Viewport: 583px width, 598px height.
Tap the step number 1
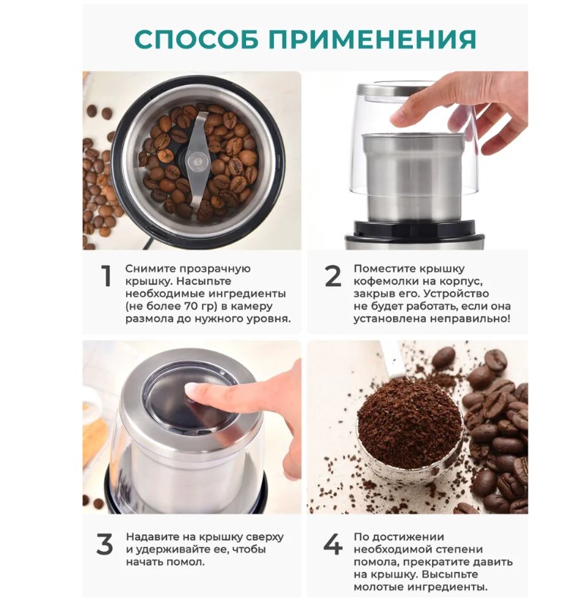pyautogui.click(x=106, y=275)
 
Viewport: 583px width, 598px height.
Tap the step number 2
pyautogui.click(x=332, y=275)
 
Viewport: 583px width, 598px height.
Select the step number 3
pyautogui.click(x=104, y=544)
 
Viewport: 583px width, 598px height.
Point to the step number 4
pyautogui.click(x=332, y=544)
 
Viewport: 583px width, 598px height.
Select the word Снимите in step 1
pyautogui.click(x=150, y=269)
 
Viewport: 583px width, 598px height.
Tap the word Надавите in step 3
pyautogui.click(x=151, y=537)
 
